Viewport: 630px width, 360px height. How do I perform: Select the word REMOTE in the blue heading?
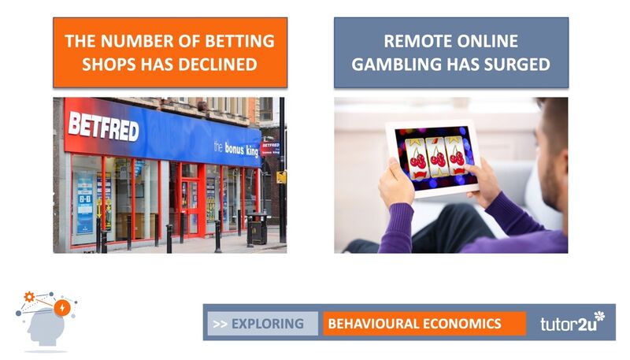pyautogui.click(x=416, y=41)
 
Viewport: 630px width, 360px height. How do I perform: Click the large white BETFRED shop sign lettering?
pyautogui.click(x=104, y=126)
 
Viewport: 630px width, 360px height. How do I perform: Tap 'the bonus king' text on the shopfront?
pyautogui.click(x=236, y=149)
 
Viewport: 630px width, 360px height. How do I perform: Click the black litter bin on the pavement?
pyautogui.click(x=258, y=228)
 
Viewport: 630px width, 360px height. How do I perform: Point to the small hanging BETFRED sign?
pyautogui.click(x=270, y=148)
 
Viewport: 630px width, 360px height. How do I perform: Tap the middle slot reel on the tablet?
pyautogui.click(x=437, y=158)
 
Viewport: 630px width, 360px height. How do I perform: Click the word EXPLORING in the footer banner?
pyautogui.click(x=268, y=324)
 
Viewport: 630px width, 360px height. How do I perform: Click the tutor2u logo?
pyautogui.click(x=573, y=322)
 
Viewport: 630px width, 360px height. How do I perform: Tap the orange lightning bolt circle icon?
pyautogui.click(x=62, y=308)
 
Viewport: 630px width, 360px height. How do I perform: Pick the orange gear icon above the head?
pyautogui.click(x=29, y=297)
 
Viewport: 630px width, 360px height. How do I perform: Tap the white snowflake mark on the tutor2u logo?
pyautogui.click(x=599, y=316)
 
